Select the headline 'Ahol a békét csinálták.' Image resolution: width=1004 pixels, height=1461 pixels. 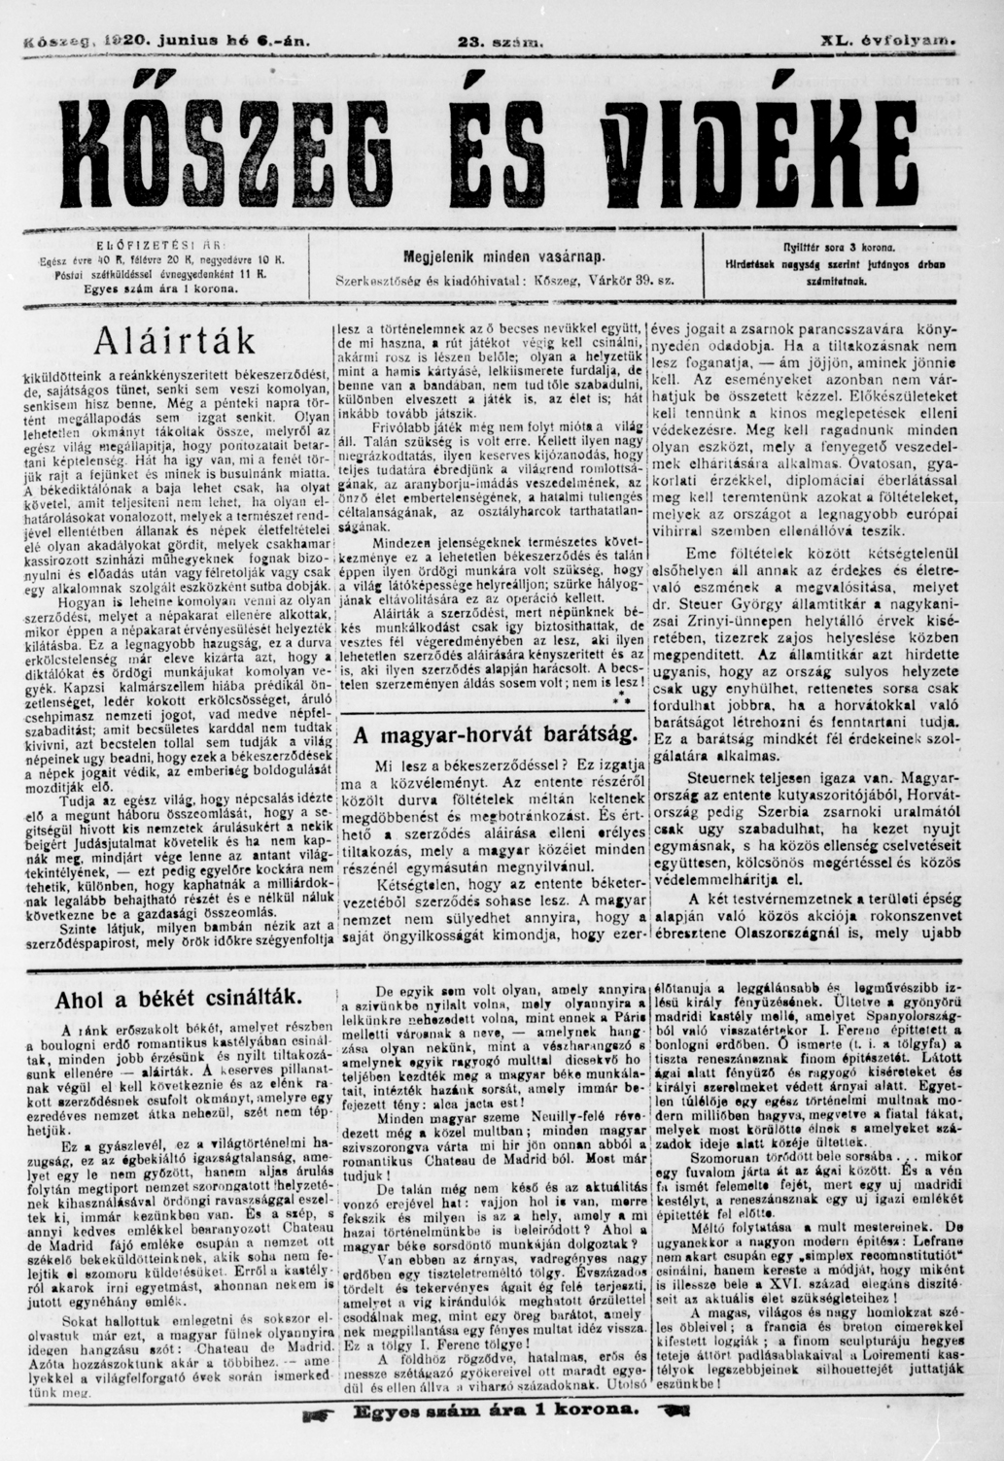(180, 999)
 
